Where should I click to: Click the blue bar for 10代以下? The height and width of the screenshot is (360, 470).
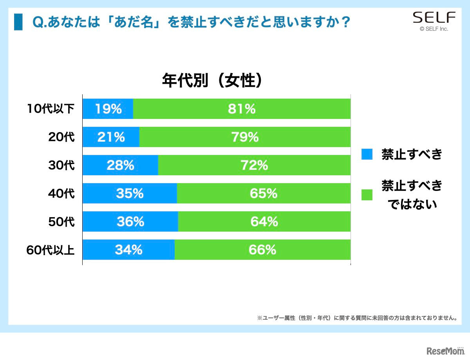click(x=108, y=109)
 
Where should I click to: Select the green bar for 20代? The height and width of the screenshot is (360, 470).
click(x=245, y=137)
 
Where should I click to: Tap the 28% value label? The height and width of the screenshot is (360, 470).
click(x=120, y=165)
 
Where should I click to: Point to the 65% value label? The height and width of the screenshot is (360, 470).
click(x=264, y=193)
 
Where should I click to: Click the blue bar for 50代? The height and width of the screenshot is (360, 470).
click(x=130, y=221)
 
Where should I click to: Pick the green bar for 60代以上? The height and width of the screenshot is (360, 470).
click(x=262, y=250)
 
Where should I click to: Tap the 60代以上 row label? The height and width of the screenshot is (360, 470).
click(x=51, y=250)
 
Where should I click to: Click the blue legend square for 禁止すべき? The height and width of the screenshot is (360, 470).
click(x=367, y=154)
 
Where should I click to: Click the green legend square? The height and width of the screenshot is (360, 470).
click(x=367, y=194)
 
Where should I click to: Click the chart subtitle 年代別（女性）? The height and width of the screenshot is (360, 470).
click(x=212, y=81)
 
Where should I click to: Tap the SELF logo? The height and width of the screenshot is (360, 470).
click(x=434, y=18)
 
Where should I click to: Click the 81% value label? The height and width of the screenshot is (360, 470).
click(x=242, y=109)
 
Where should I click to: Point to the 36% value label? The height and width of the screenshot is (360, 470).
click(x=130, y=221)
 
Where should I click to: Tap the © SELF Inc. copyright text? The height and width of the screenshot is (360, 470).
click(x=434, y=29)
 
